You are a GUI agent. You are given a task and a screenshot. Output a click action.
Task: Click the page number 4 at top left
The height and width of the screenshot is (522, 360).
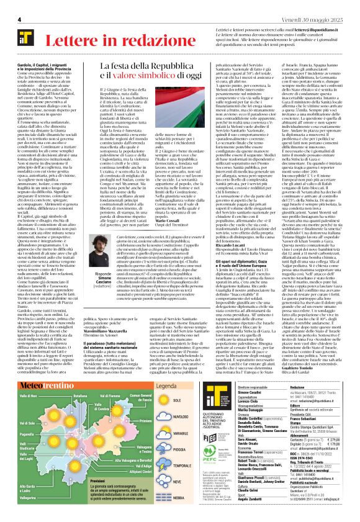[11, 5]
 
